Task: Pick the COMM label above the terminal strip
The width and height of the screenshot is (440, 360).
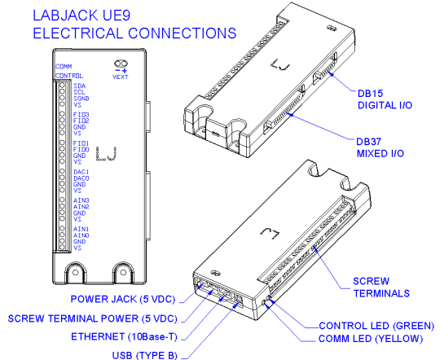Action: click(x=64, y=66)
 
